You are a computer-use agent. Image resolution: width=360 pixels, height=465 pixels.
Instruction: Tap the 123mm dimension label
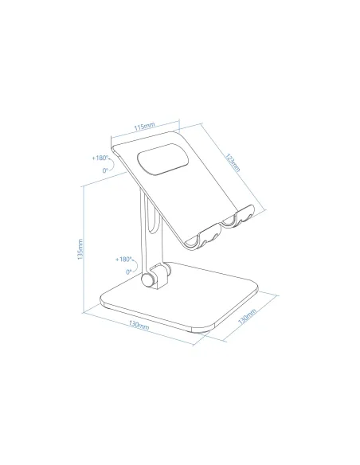[x=232, y=161]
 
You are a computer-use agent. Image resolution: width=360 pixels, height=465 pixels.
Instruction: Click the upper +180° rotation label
[x=102, y=158]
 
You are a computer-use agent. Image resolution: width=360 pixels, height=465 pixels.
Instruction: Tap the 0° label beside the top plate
[x=104, y=170]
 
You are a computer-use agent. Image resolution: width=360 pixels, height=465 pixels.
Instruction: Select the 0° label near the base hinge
[x=127, y=272]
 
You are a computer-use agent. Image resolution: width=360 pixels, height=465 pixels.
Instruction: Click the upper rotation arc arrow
[x=115, y=165]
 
